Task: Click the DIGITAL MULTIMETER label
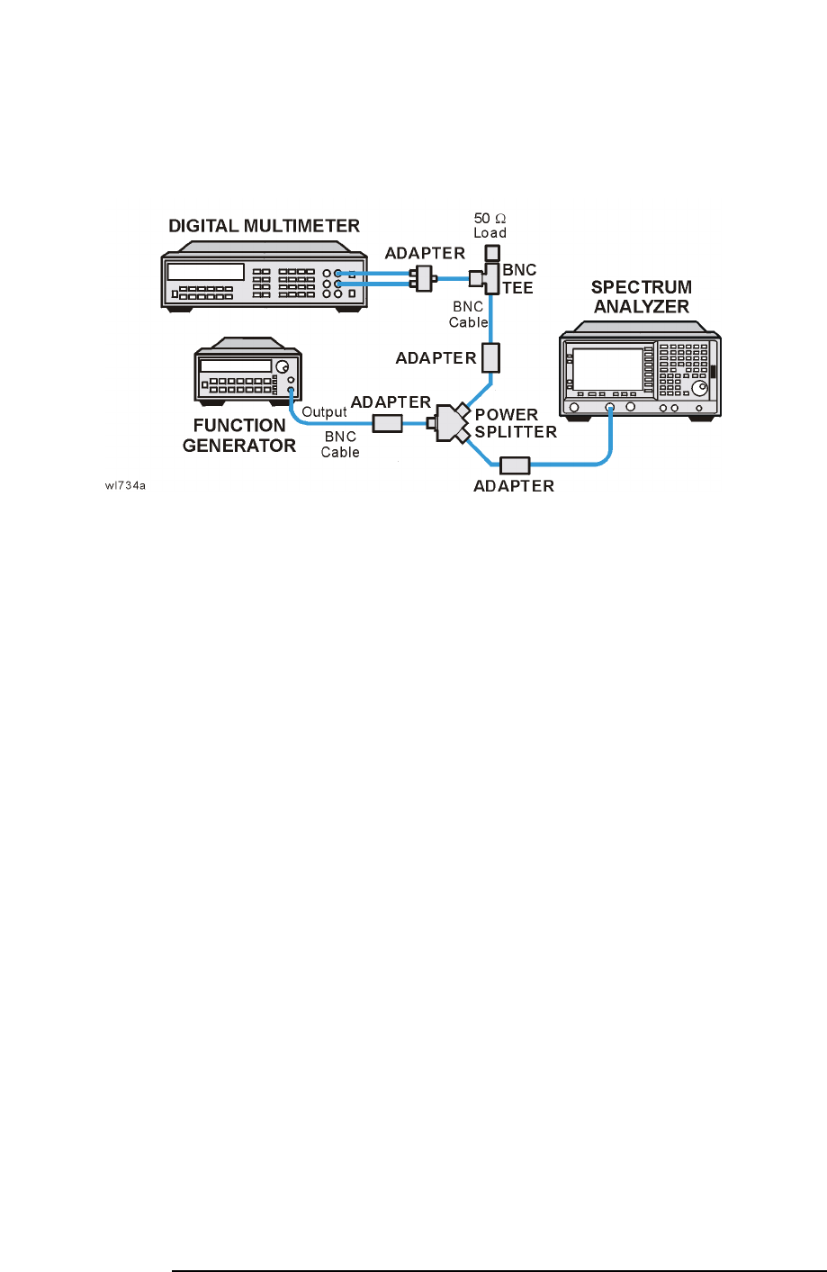coord(264,226)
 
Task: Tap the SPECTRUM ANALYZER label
coord(641,297)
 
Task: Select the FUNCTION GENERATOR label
coord(239,436)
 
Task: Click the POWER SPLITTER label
coord(516,423)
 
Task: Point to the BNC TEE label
coord(519,279)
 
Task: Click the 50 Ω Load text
coord(490,225)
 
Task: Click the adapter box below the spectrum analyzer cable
coord(515,465)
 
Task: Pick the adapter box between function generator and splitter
coord(388,422)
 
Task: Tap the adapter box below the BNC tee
coord(490,357)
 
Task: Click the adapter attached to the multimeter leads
coord(422,278)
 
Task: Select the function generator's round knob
coord(283,368)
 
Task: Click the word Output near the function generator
coord(324,412)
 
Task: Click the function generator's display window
coord(236,366)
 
